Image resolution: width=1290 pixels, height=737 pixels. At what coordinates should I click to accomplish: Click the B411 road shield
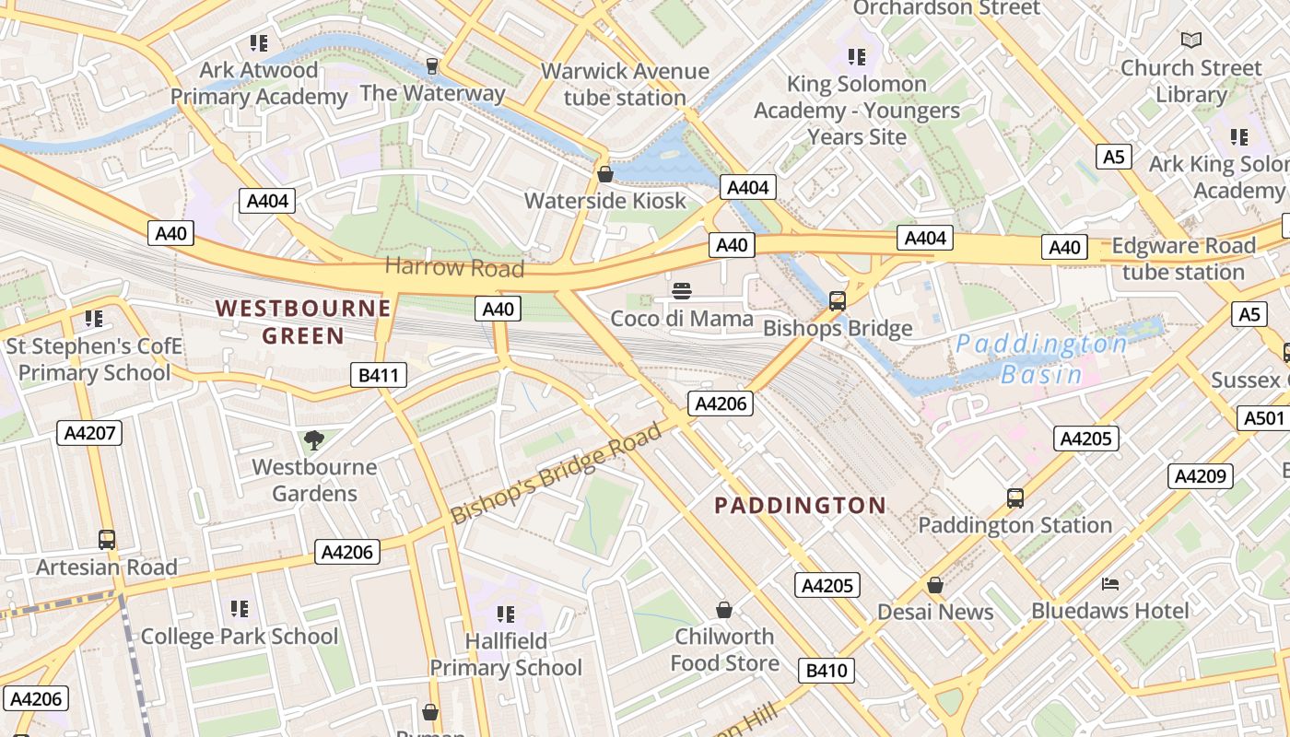click(x=379, y=375)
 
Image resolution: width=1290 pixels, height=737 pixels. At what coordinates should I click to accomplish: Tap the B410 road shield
click(x=827, y=671)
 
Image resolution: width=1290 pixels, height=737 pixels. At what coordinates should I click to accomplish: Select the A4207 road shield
click(x=89, y=433)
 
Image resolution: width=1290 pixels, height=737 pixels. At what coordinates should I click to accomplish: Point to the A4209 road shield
click(x=1201, y=476)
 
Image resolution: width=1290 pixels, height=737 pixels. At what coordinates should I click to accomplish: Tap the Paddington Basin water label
click(x=1040, y=359)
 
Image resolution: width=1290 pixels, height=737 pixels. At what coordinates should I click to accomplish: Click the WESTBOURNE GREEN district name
click(x=303, y=322)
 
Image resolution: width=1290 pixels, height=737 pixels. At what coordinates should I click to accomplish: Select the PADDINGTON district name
click(x=800, y=505)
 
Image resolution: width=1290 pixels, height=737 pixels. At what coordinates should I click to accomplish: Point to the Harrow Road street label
click(x=454, y=267)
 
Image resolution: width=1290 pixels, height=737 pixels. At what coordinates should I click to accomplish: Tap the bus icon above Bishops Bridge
click(x=838, y=300)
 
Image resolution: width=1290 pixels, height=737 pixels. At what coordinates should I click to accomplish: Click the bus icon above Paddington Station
click(x=1014, y=498)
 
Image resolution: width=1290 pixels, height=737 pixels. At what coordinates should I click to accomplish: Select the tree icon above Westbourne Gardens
click(x=314, y=439)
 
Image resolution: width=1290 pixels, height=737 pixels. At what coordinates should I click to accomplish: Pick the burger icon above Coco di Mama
click(x=682, y=292)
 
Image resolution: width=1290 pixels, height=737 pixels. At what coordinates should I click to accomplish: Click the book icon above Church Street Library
click(x=1191, y=40)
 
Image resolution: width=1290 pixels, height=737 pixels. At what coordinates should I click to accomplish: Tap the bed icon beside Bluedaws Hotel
click(x=1110, y=584)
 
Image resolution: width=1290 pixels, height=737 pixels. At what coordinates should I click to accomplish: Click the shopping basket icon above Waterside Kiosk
click(x=605, y=174)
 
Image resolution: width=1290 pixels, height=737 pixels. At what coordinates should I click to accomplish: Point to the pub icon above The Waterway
click(x=431, y=65)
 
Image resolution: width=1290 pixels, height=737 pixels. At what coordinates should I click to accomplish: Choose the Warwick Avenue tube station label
click(x=625, y=84)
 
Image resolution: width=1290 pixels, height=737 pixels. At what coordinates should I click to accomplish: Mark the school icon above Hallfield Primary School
click(x=505, y=614)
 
